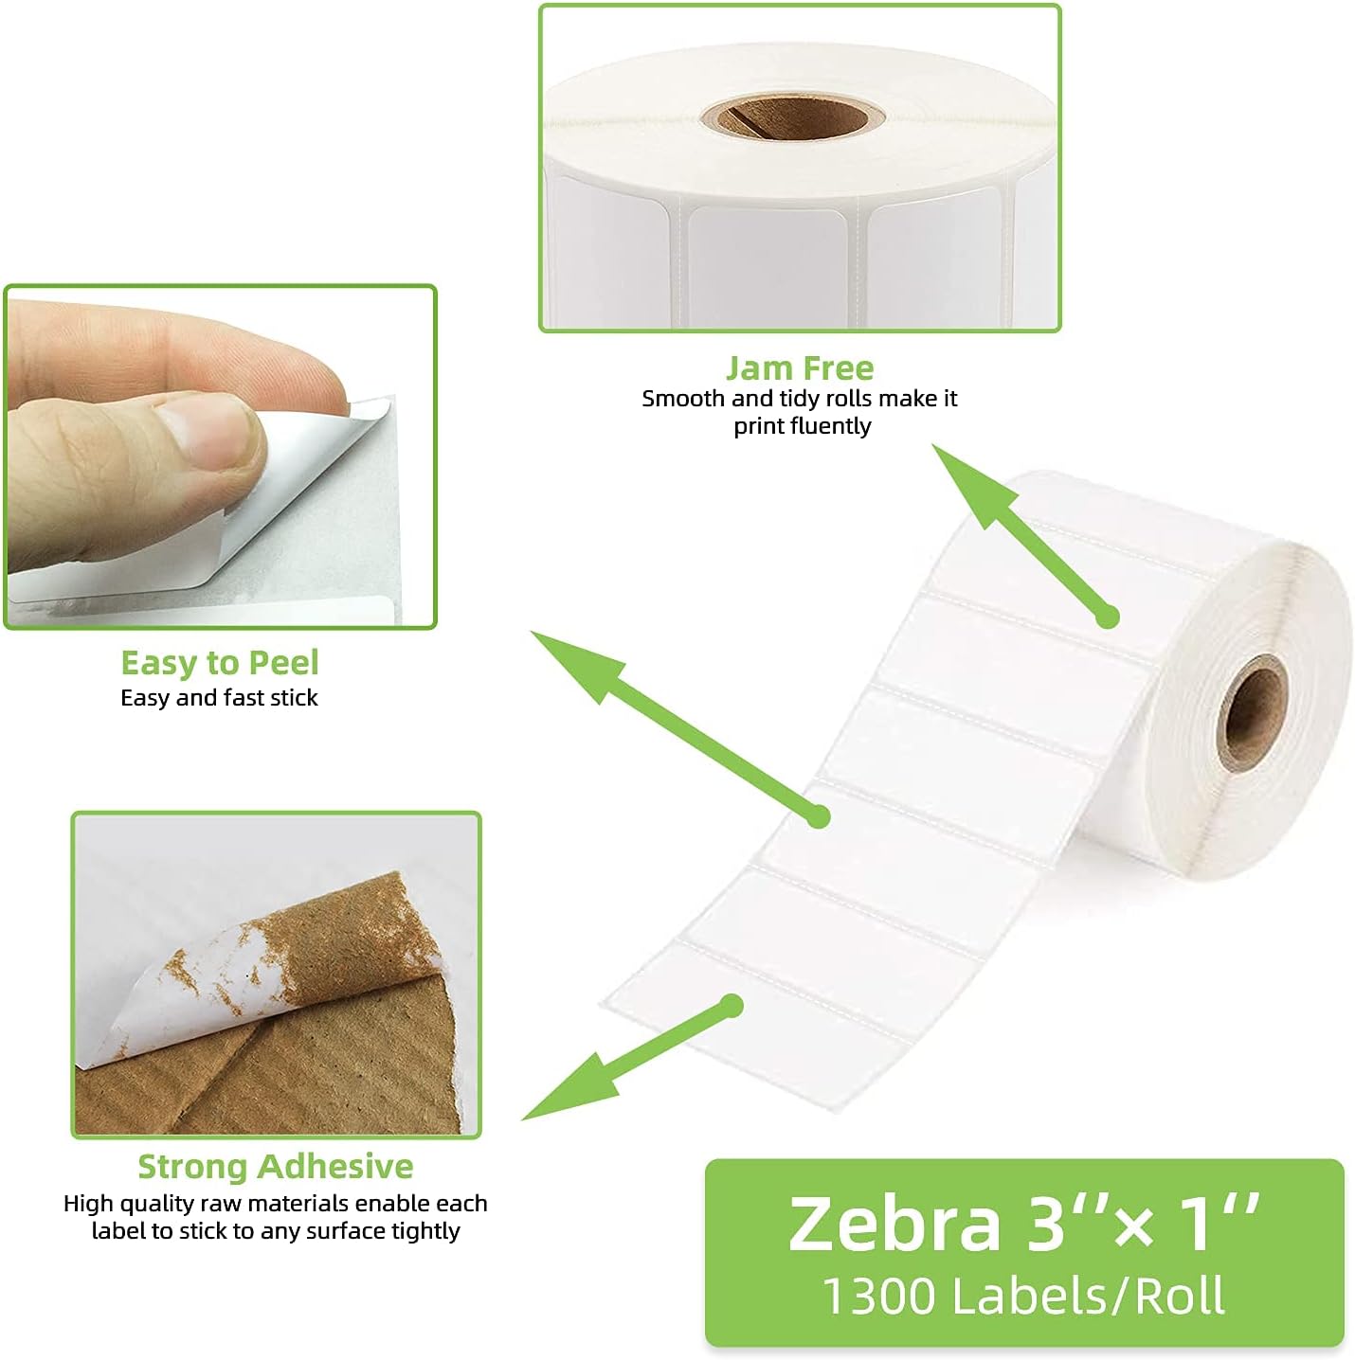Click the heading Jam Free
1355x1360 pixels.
pyautogui.click(x=800, y=367)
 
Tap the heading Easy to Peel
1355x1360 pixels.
pyautogui.click(x=220, y=662)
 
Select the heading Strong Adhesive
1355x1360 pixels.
pyautogui.click(x=275, y=1166)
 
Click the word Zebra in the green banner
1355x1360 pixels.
pyautogui.click(x=894, y=1223)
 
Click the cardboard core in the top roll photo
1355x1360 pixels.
pyautogui.click(x=792, y=117)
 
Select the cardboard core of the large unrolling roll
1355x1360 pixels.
pyautogui.click(x=1253, y=710)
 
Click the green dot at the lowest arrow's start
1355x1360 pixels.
pyautogui.click(x=731, y=1006)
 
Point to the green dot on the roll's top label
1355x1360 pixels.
pyautogui.click(x=1107, y=617)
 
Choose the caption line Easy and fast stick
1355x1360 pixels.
pyautogui.click(x=220, y=698)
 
